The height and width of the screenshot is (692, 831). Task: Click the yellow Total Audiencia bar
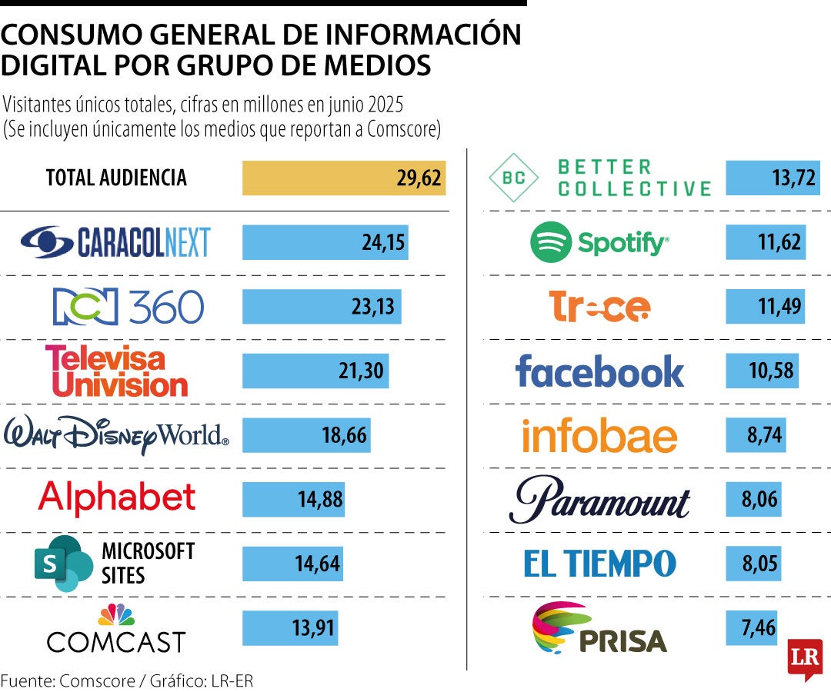click(343, 178)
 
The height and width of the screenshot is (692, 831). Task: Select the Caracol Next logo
click(115, 242)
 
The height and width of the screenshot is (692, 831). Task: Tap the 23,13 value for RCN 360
click(372, 307)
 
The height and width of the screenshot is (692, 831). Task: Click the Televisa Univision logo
click(115, 371)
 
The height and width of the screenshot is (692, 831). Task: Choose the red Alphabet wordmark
click(116, 497)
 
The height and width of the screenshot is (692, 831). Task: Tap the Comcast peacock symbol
click(116, 615)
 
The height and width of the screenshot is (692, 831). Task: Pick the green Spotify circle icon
click(550, 242)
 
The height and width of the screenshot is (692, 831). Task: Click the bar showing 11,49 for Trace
click(765, 307)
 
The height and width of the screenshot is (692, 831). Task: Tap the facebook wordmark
click(599, 371)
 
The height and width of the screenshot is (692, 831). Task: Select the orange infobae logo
click(599, 436)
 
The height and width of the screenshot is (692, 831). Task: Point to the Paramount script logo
click(599, 500)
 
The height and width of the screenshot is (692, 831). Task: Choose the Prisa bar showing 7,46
click(751, 627)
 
